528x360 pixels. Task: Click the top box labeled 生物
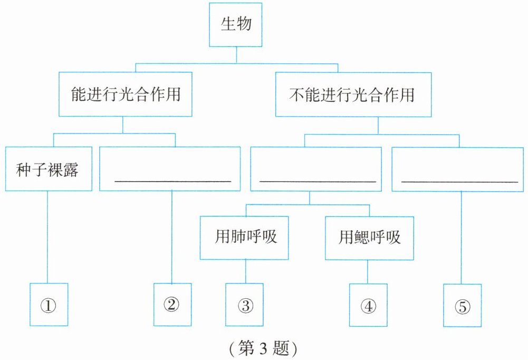click(x=235, y=25)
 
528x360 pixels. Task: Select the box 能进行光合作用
click(x=125, y=94)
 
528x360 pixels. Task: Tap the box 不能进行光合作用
click(x=353, y=94)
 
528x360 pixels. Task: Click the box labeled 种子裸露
click(x=49, y=169)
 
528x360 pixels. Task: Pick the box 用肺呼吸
click(x=244, y=238)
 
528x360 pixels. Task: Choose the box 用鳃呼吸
click(x=369, y=238)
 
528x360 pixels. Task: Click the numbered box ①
click(x=49, y=305)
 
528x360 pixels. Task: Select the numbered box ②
click(x=172, y=305)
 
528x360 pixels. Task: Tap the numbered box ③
click(x=244, y=305)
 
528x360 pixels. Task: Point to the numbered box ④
click(x=368, y=306)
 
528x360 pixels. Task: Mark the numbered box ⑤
click(x=462, y=306)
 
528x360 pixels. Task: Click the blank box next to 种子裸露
click(x=170, y=169)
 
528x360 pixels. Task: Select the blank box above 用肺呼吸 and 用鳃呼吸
click(x=316, y=169)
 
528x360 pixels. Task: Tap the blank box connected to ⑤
click(x=458, y=169)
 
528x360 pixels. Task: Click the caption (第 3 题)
click(x=263, y=348)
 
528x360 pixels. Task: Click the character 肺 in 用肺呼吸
click(x=238, y=236)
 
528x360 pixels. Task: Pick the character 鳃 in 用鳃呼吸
click(x=362, y=238)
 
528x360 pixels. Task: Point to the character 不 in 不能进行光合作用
click(x=296, y=94)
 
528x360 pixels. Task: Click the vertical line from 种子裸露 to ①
click(x=47, y=237)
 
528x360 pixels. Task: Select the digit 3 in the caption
click(x=263, y=348)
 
